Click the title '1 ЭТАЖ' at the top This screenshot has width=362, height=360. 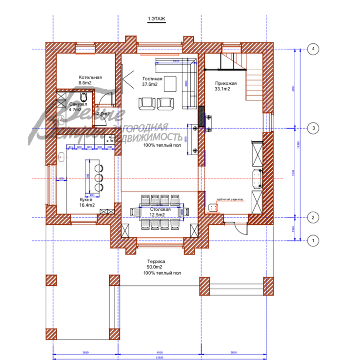coord(157,19)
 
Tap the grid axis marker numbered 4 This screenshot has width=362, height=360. coord(313,49)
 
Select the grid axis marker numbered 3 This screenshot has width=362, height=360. coord(313,128)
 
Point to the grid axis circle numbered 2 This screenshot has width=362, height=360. coord(313,218)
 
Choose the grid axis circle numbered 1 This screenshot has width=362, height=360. coord(313,240)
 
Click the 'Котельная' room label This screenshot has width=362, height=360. coord(90,78)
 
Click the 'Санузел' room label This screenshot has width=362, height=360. coord(78,105)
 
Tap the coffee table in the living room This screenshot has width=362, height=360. coord(170,83)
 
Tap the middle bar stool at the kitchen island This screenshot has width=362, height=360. coord(99,177)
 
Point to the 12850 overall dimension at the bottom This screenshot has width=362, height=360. coord(159,357)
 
